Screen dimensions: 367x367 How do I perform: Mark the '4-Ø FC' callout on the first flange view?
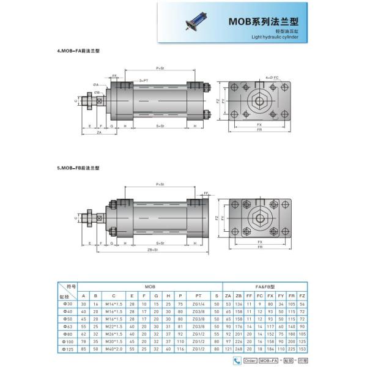(x=272, y=78)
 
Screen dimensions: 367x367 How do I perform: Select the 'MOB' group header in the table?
(x=150, y=286)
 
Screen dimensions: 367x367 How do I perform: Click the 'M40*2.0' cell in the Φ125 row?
(x=114, y=349)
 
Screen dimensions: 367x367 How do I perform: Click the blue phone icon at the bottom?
(x=237, y=361)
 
